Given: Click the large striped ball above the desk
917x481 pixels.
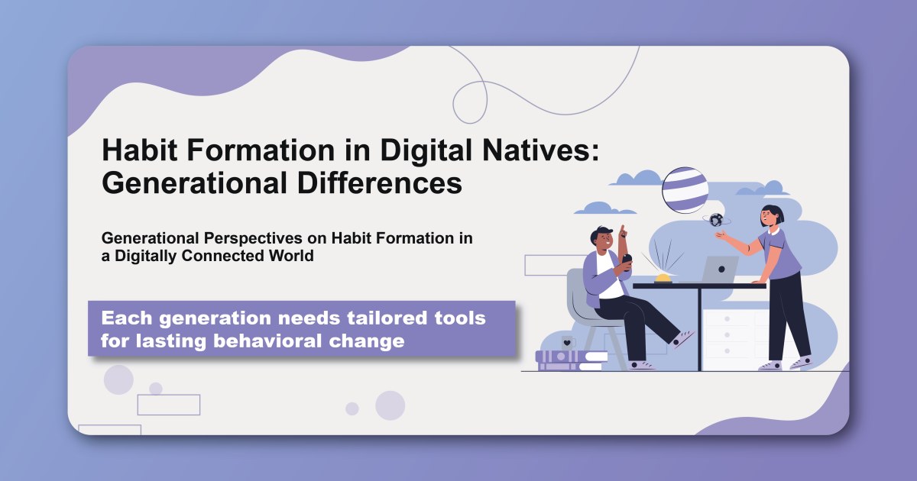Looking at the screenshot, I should pyautogui.click(x=685, y=190).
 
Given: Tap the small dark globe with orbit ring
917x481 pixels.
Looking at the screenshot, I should pyautogui.click(x=716, y=220).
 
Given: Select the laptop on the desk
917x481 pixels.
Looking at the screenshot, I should pyautogui.click(x=719, y=270).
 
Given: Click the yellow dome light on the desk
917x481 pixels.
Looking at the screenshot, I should pyautogui.click(x=662, y=278).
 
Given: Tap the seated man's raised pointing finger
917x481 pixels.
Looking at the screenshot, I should pyautogui.click(x=623, y=230).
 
